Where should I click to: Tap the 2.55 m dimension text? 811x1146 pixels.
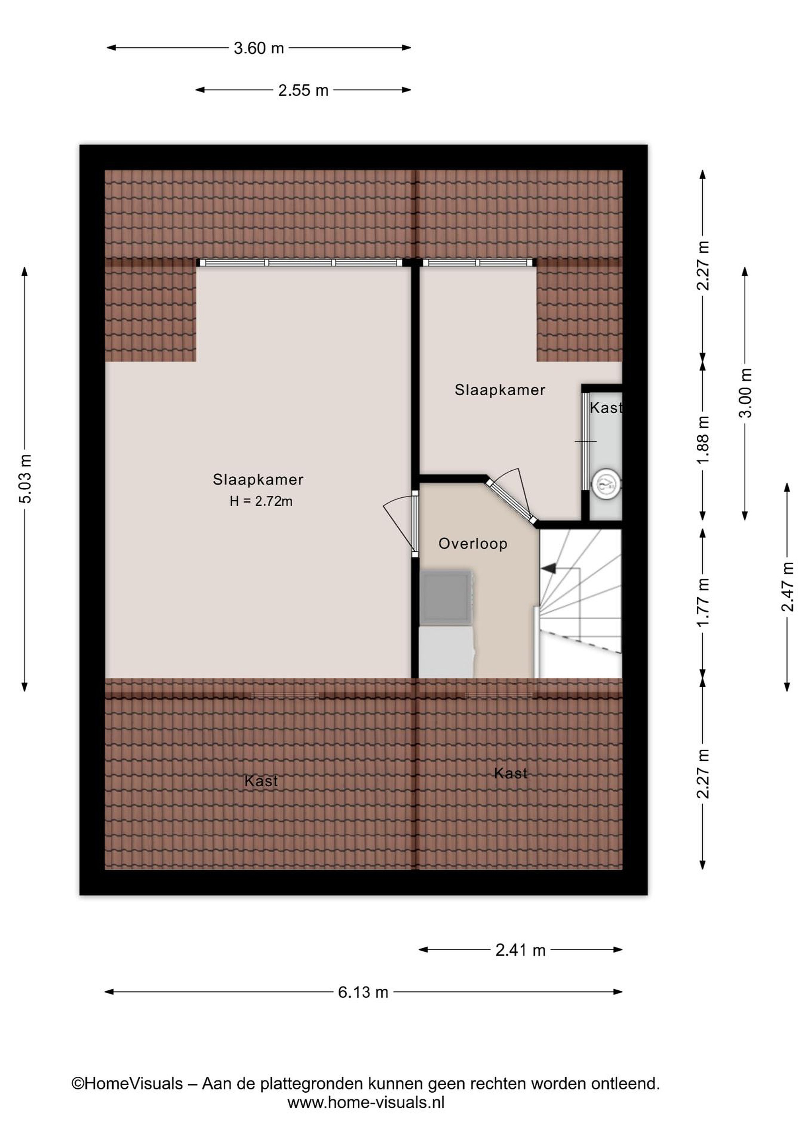[x=303, y=90]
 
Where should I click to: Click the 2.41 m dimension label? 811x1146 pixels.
[x=520, y=950]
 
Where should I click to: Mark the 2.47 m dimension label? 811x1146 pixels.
[x=788, y=587]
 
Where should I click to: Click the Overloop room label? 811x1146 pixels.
[x=473, y=544]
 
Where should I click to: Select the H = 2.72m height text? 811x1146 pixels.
[x=261, y=501]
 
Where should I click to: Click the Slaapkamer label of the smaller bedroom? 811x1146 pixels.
[x=500, y=390]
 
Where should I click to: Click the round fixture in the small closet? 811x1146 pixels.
[x=606, y=483]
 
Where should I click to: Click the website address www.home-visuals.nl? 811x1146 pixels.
[x=366, y=1103]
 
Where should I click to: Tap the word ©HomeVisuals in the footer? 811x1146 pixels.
[x=127, y=1084]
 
